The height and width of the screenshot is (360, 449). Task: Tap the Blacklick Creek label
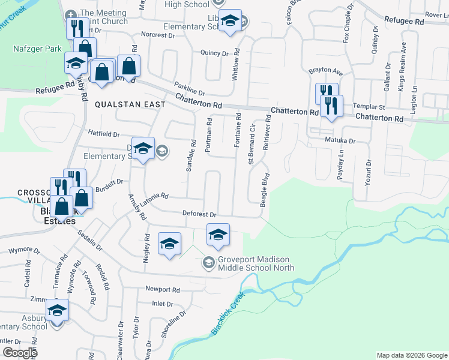(228, 313)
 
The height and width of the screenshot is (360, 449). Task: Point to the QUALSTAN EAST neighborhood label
(130, 104)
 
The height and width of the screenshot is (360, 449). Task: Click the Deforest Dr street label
(199, 214)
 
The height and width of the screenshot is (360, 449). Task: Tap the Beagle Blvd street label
(263, 191)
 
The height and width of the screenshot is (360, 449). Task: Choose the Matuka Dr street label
(340, 142)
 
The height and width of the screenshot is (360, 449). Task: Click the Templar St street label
(367, 106)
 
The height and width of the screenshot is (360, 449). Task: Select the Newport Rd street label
(163, 289)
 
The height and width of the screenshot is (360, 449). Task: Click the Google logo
(20, 353)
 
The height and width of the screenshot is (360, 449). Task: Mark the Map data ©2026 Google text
(411, 355)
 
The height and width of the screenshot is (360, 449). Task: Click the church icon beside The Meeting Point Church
(71, 14)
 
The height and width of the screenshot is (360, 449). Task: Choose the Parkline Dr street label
(189, 88)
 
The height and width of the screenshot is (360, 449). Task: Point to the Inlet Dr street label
(162, 304)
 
